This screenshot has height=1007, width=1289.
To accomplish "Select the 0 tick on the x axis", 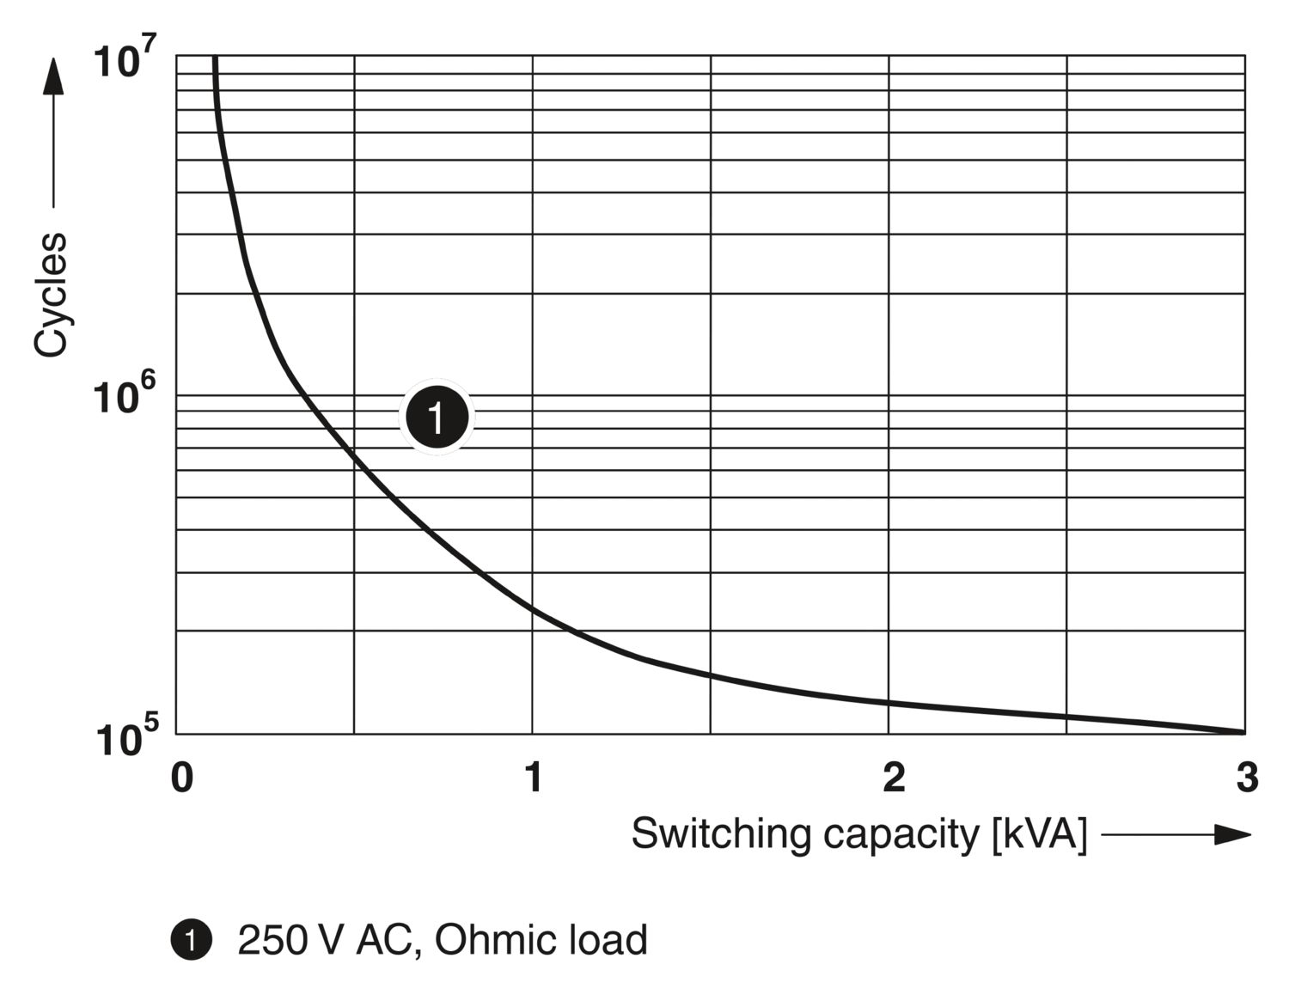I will click(181, 778).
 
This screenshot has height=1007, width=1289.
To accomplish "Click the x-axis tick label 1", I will click(534, 778).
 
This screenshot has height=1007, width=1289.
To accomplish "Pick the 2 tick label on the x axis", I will click(894, 778).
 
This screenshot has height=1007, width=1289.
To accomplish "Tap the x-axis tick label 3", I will click(1247, 778).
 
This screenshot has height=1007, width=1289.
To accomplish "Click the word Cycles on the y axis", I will click(51, 294).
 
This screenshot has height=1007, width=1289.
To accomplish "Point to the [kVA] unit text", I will click(1039, 833).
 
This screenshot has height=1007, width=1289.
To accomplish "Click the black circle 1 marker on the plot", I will click(437, 417).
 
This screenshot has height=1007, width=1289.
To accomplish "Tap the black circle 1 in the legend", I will click(191, 940).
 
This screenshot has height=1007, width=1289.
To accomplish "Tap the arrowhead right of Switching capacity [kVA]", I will click(1232, 833).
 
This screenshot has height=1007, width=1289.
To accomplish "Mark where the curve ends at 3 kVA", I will click(1243, 732).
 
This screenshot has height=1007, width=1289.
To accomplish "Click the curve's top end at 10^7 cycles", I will click(215, 57).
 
